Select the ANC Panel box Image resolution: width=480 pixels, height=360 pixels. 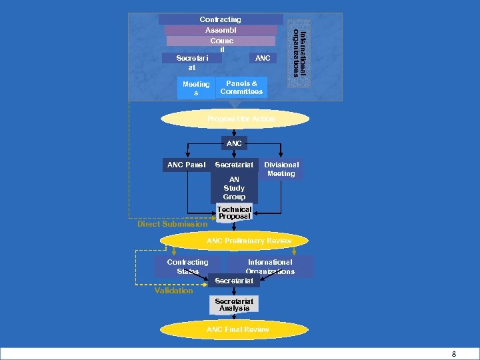click(x=186, y=165)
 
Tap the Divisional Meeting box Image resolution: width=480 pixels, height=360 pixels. click(x=281, y=169)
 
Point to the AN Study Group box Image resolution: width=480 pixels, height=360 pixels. click(x=234, y=188)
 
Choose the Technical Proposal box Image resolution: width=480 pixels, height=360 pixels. click(x=234, y=213)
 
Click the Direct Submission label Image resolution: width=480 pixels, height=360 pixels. click(x=172, y=224)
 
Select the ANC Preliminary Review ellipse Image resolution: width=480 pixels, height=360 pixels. click(x=249, y=241)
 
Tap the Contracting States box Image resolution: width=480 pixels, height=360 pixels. click(x=187, y=267)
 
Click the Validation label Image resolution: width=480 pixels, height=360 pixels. click(x=173, y=291)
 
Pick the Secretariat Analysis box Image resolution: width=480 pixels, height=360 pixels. click(x=234, y=305)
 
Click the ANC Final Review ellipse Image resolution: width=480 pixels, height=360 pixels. click(x=237, y=329)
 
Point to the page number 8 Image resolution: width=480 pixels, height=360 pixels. click(x=454, y=354)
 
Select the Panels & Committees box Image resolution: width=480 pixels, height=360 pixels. click(x=241, y=87)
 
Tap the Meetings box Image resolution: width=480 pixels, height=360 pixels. click(x=196, y=89)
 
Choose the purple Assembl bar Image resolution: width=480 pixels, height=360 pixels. click(x=221, y=30)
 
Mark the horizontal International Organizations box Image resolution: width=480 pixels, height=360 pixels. click(x=270, y=267)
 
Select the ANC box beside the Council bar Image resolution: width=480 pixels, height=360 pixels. click(x=263, y=59)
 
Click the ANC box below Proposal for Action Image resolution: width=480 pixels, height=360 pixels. click(x=234, y=143)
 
